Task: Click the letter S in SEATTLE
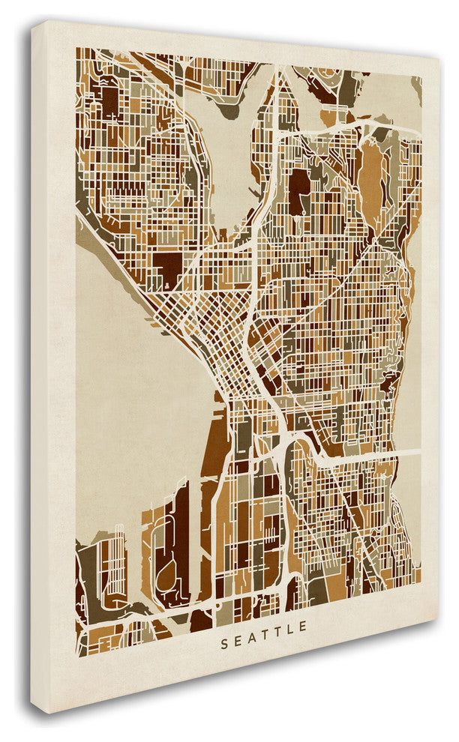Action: tap(224, 624)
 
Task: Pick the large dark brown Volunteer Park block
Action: tap(298, 187)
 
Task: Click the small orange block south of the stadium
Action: tap(328, 117)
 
